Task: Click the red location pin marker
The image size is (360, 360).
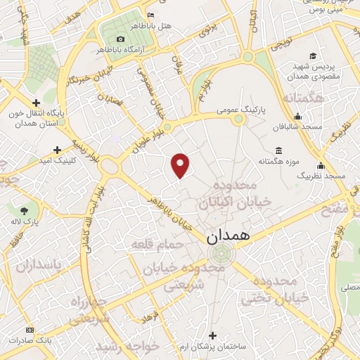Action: coord(181,165)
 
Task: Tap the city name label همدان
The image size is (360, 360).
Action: coord(229,238)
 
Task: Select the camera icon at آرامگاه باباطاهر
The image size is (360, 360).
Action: coord(120,39)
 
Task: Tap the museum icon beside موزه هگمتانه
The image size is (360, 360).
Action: coord(279,151)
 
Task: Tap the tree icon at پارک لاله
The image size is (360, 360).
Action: coord(25,210)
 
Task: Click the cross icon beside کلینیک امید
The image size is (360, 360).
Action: coord(57,150)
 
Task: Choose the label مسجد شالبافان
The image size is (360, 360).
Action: coord(298,127)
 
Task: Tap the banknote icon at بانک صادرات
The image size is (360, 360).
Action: coord(30,329)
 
